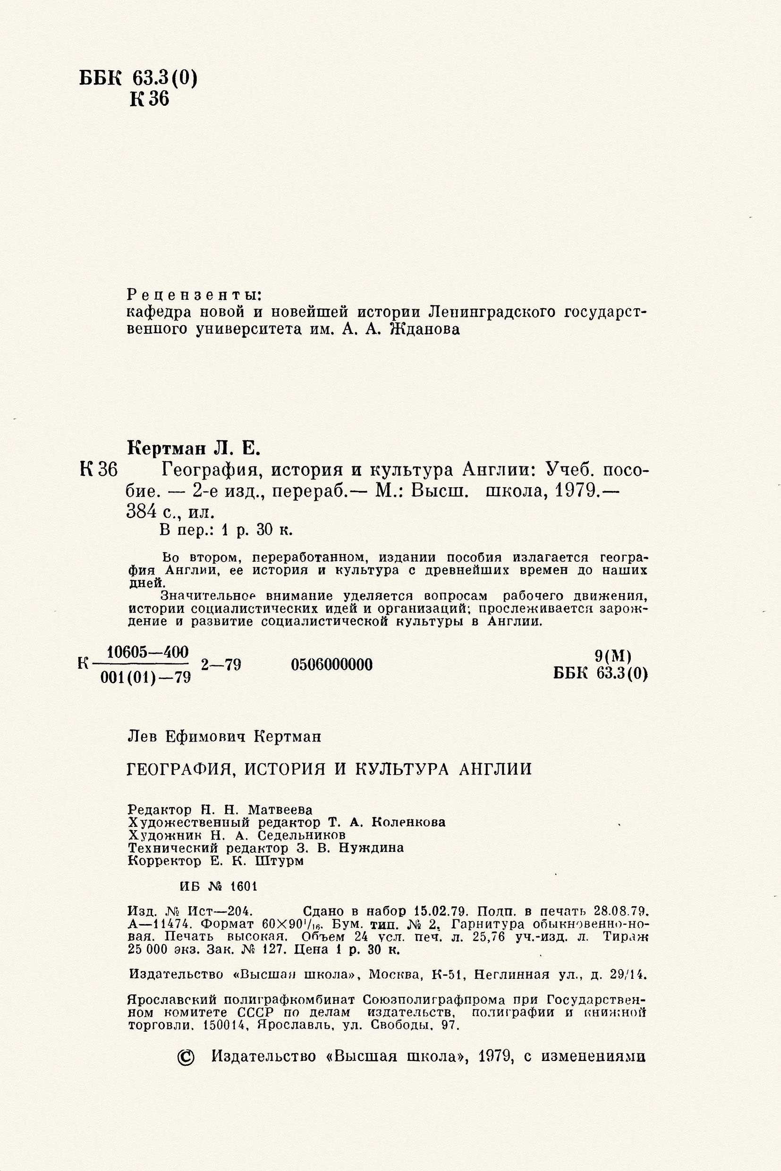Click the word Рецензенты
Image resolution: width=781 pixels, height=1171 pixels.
[194, 295]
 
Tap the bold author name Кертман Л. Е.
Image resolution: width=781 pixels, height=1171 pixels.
[194, 448]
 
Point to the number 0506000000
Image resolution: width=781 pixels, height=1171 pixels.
[332, 665]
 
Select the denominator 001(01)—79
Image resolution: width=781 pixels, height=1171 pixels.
[146, 677]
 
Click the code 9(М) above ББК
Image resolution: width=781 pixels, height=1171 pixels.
[613, 656]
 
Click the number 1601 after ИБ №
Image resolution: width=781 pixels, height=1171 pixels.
[244, 887]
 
